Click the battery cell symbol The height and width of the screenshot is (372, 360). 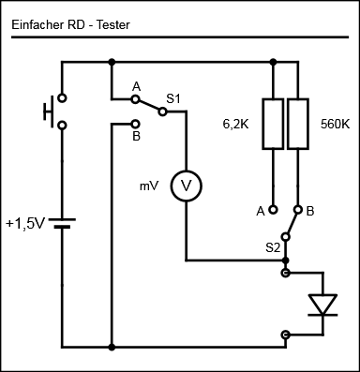62,223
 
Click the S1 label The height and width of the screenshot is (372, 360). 173,99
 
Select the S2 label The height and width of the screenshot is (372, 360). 273,248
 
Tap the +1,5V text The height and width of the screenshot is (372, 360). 26,224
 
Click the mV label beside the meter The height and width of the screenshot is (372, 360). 149,186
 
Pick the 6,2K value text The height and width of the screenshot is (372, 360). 235,125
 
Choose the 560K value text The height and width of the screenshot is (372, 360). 336,125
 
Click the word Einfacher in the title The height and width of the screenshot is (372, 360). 37,24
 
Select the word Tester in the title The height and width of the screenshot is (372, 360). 112,24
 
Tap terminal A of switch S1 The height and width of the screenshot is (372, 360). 135,99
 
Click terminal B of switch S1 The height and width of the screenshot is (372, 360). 135,125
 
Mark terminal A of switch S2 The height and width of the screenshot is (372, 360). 274,210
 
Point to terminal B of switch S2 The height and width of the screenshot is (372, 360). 298,210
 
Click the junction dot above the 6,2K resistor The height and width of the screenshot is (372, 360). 274,62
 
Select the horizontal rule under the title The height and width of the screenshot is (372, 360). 180,37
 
